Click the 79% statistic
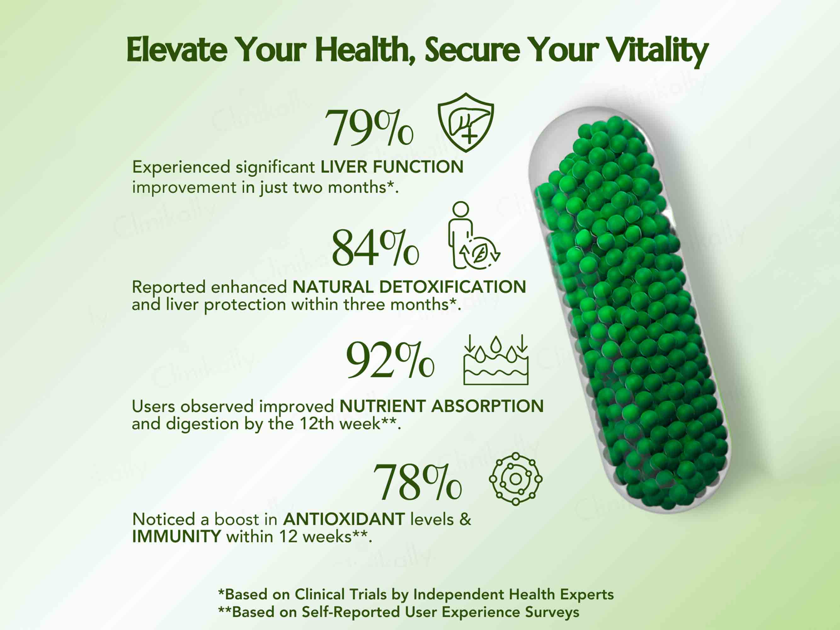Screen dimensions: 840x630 (369, 128)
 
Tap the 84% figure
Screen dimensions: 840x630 (375, 248)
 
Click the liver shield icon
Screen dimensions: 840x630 (466, 122)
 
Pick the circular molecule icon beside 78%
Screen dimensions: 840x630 (516, 479)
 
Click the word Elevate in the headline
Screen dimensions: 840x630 (177, 50)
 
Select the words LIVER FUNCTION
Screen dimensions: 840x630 (392, 167)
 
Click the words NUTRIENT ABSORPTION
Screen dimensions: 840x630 (442, 406)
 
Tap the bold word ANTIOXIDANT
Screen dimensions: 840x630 (344, 519)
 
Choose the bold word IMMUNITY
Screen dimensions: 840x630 (177, 536)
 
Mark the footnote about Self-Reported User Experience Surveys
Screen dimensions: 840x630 (399, 612)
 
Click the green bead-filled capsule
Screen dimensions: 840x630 (630, 310)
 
